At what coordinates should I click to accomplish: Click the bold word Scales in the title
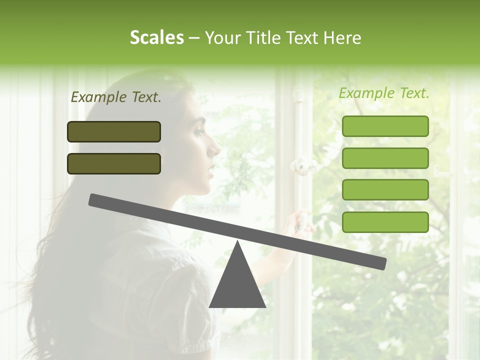pos(156,38)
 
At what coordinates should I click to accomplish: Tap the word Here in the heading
pos(342,38)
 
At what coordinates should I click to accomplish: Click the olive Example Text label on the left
pos(116,97)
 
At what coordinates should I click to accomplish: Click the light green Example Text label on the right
pos(384,93)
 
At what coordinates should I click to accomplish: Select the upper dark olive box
pos(114,132)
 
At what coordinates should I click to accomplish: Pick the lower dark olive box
pos(114,163)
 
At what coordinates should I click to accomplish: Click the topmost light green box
pos(385,126)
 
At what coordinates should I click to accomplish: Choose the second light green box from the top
pos(385,158)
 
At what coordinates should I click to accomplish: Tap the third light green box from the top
pos(385,190)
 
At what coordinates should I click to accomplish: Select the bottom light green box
pos(385,222)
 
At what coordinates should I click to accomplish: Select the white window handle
pos(301,165)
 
